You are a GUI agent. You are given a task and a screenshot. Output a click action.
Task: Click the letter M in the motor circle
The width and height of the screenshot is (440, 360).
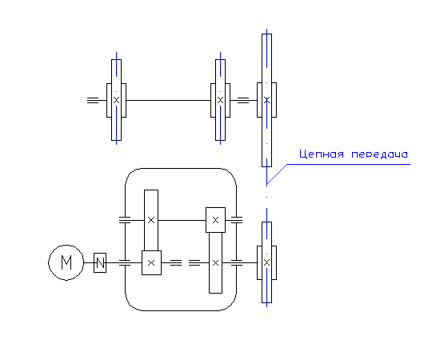coord(66,262)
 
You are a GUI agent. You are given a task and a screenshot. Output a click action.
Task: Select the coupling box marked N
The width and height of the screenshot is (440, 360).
coord(100,263)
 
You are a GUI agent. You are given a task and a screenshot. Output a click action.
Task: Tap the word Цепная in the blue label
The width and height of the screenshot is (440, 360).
coord(322,154)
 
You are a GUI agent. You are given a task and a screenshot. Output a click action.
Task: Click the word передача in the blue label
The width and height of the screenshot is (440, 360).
coord(379,154)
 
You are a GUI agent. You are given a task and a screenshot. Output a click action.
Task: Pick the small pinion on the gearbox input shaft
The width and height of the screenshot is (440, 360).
coord(151,263)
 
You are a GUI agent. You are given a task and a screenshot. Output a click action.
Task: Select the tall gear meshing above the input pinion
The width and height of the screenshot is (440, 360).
coord(151,220)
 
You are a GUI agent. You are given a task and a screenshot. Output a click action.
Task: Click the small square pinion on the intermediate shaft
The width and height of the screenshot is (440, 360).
coord(215,220)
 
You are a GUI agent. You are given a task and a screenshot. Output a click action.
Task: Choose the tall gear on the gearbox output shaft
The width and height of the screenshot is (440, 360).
coord(215,263)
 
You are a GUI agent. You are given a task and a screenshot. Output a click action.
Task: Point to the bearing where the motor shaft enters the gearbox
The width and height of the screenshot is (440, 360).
coord(125,263)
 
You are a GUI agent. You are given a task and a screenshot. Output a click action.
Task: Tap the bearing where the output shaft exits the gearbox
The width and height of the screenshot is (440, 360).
coord(237,263)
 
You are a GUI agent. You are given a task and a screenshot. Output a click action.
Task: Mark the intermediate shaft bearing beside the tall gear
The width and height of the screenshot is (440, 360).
coord(125,220)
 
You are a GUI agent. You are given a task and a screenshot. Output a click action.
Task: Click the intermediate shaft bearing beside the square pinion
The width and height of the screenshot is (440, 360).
coord(237,220)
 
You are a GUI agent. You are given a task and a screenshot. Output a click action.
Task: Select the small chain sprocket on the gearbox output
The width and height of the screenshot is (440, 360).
coord(267,262)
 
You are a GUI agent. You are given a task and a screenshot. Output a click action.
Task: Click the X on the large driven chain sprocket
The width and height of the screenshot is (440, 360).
coord(267,100)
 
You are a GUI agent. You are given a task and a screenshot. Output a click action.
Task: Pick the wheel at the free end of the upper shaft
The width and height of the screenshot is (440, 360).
coord(117,100)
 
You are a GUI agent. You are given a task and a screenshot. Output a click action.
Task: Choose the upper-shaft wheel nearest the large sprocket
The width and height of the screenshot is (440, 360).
coord(221,100)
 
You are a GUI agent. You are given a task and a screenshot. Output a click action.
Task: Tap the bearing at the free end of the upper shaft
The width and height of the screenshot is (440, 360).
coord(93,100)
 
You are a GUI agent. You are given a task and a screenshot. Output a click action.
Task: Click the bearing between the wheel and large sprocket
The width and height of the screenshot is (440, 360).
coord(243,100)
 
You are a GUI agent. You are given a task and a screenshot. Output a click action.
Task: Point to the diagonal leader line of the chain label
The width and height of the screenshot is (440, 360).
coord(277,174)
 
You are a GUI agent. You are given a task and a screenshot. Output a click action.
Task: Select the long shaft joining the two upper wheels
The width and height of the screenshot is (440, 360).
coord(168,100)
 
